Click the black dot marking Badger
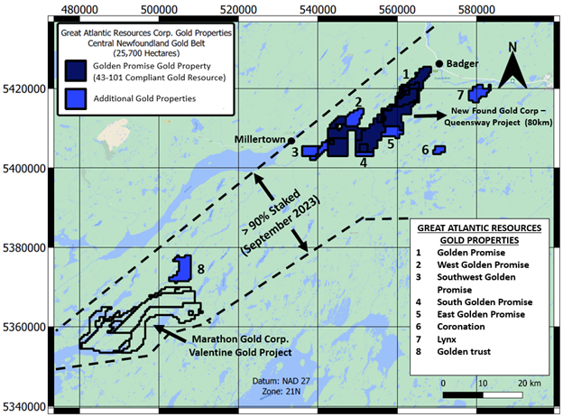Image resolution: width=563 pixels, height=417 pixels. point(439,63)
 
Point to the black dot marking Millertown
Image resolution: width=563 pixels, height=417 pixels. point(291,141)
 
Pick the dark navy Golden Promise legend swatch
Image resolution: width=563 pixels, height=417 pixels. point(75,71)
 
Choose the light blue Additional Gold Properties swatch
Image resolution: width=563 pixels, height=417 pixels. point(75,97)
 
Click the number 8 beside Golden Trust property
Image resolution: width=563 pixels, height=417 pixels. point(200,268)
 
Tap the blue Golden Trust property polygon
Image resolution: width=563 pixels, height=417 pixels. point(182,267)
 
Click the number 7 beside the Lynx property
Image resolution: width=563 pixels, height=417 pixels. point(460,95)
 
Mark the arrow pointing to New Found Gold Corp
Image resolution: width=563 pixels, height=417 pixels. point(431,115)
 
